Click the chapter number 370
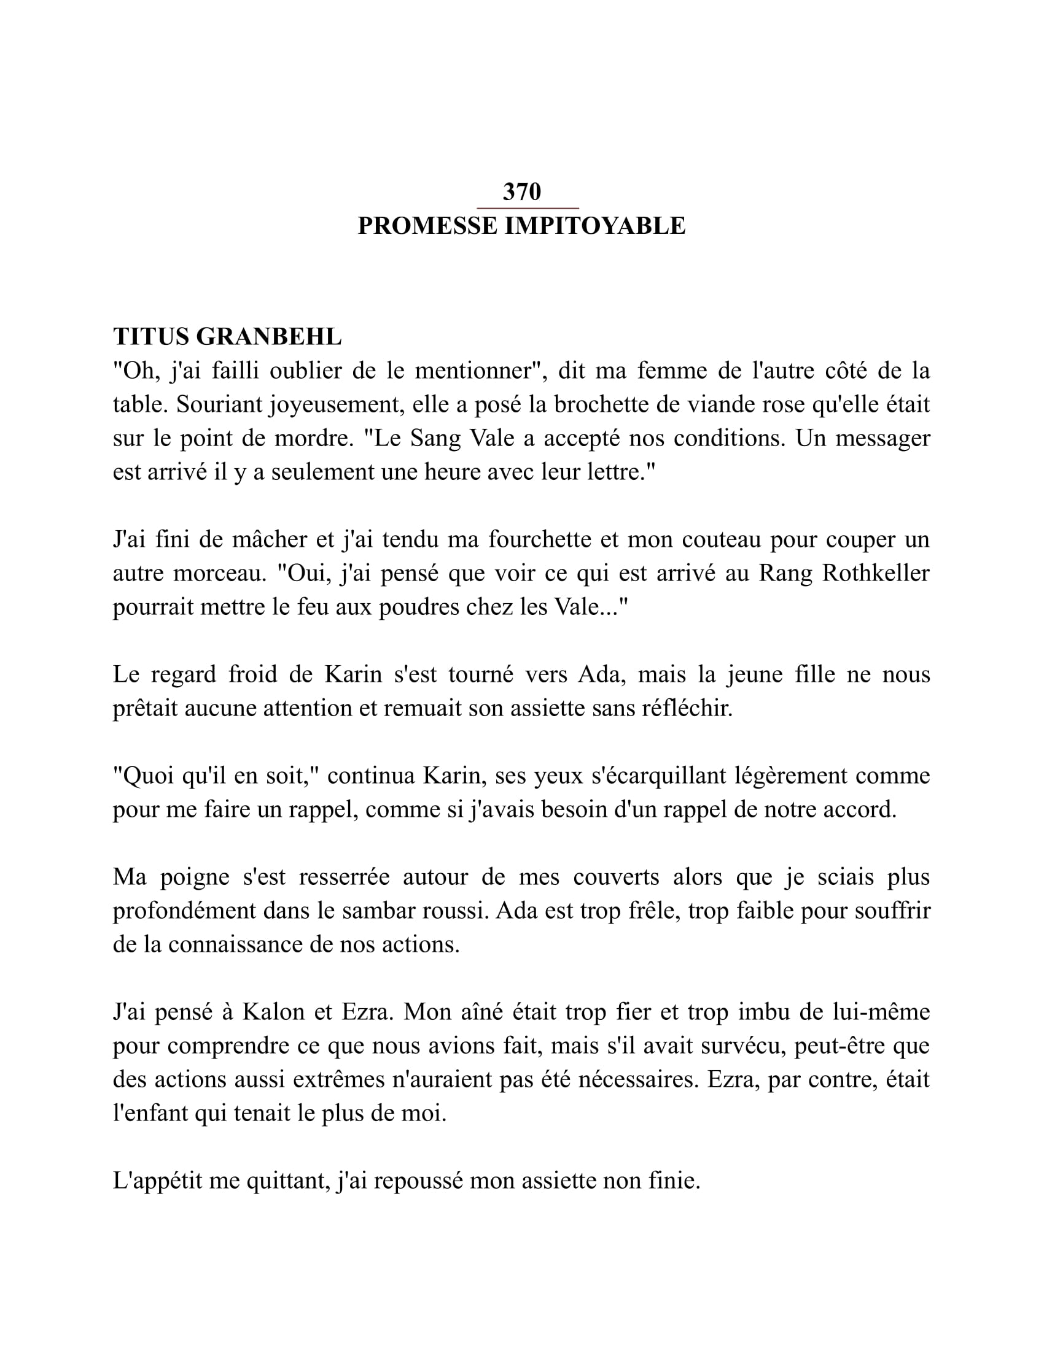click(521, 192)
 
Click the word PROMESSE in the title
click(427, 226)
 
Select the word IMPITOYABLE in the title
click(595, 226)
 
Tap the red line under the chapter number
click(528, 209)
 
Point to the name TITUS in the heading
click(151, 337)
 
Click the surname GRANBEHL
click(269, 337)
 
